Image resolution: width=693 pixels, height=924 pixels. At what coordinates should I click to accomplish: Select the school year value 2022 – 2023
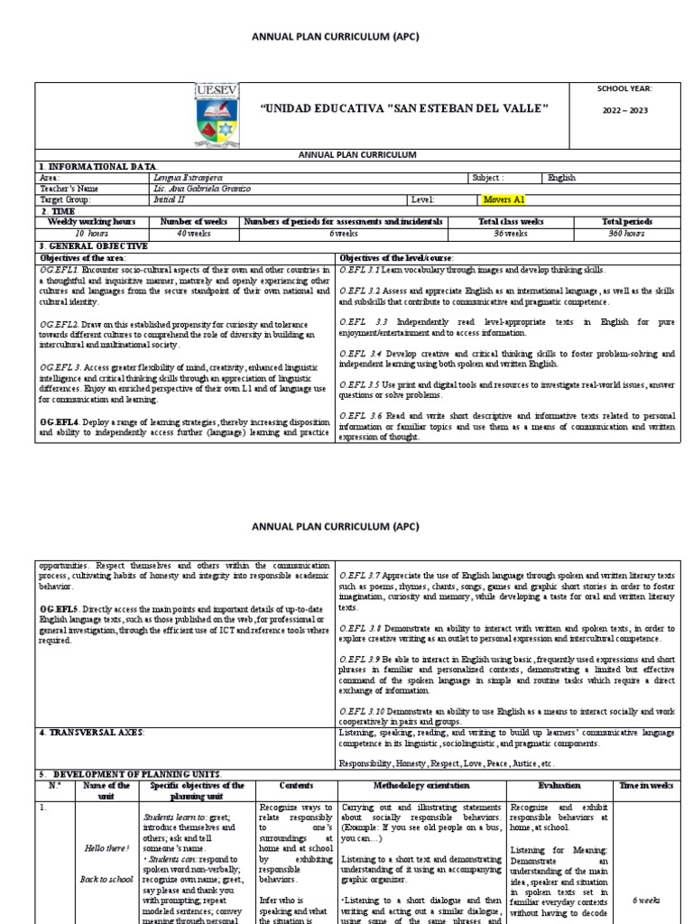(x=625, y=111)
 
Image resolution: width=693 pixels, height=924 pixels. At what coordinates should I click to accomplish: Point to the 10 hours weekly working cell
(x=91, y=232)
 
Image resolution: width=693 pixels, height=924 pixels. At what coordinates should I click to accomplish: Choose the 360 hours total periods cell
(x=627, y=232)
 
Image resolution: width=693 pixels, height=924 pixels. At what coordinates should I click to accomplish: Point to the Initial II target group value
(x=170, y=199)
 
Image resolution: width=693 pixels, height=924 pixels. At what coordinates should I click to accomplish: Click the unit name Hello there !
(x=106, y=849)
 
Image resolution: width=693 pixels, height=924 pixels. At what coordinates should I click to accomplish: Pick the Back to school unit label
(x=106, y=879)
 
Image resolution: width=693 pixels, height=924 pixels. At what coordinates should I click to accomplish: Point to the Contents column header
(x=297, y=786)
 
